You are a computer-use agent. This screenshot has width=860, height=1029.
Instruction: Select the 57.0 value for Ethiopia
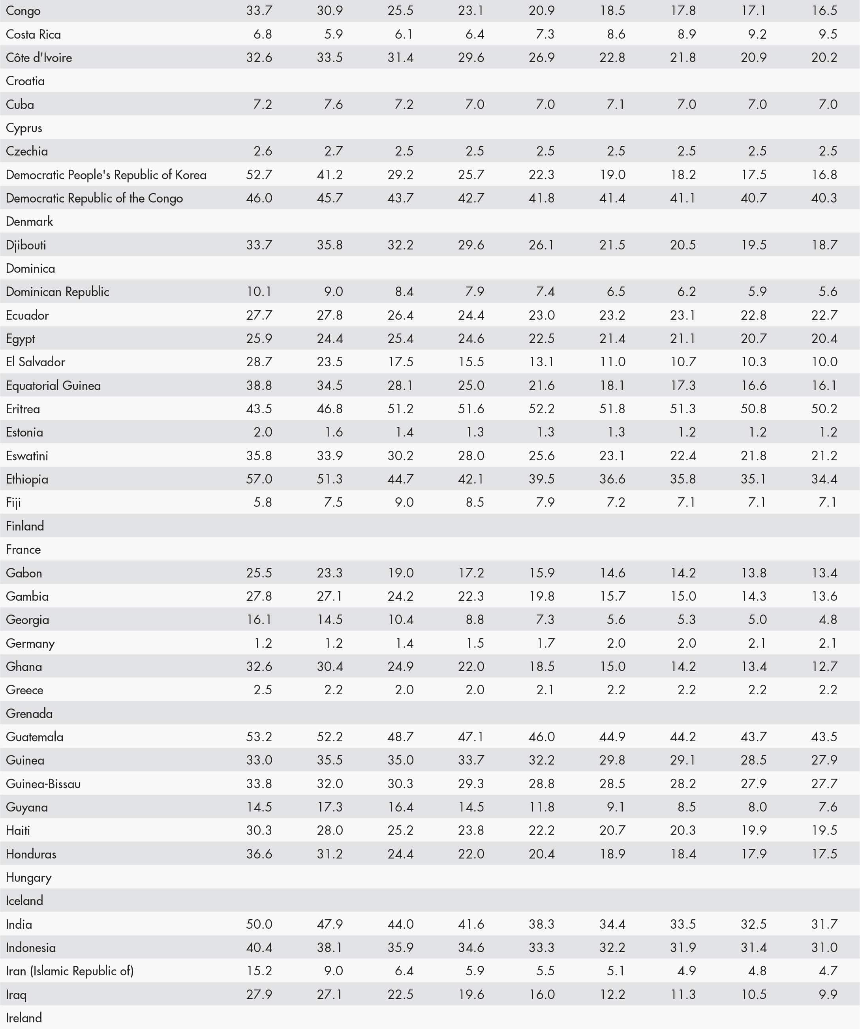tap(259, 479)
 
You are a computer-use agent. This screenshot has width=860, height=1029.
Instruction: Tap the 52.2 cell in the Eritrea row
tap(541, 409)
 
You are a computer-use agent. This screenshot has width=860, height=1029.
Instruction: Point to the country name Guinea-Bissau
tap(43, 783)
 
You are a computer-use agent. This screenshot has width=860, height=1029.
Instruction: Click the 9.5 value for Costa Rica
tap(828, 34)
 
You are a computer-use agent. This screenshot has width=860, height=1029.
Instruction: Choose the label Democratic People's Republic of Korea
tap(106, 175)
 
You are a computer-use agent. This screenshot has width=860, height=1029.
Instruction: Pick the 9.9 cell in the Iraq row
tap(828, 994)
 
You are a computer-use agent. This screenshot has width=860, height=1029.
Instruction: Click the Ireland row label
tap(24, 1018)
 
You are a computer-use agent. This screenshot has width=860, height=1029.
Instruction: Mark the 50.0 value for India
tap(259, 924)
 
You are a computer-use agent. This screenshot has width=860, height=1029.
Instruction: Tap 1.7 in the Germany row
tap(545, 643)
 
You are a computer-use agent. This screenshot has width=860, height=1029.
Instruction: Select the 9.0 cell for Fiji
tap(404, 502)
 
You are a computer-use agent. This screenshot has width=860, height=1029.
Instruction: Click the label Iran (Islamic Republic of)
tap(69, 971)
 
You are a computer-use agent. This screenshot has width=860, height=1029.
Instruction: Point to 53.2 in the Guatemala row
tap(259, 737)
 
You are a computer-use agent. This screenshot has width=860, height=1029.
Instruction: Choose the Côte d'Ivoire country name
tap(39, 58)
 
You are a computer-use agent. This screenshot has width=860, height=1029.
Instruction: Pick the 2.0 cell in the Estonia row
tap(263, 432)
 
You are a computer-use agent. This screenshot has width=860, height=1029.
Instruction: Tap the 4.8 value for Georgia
tap(828, 619)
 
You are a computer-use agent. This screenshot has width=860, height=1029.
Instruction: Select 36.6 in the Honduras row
tap(259, 854)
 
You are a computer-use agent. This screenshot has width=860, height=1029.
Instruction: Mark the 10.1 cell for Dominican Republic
tap(259, 292)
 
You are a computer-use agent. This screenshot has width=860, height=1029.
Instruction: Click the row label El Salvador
tap(35, 362)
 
